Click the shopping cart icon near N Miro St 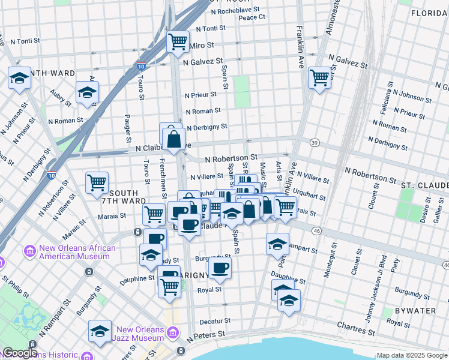point(178,42)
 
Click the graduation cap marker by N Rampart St point(278,244)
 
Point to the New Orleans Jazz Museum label point(142,334)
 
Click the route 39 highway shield point(314,142)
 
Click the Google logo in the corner point(19,353)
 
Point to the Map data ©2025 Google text point(411,355)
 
